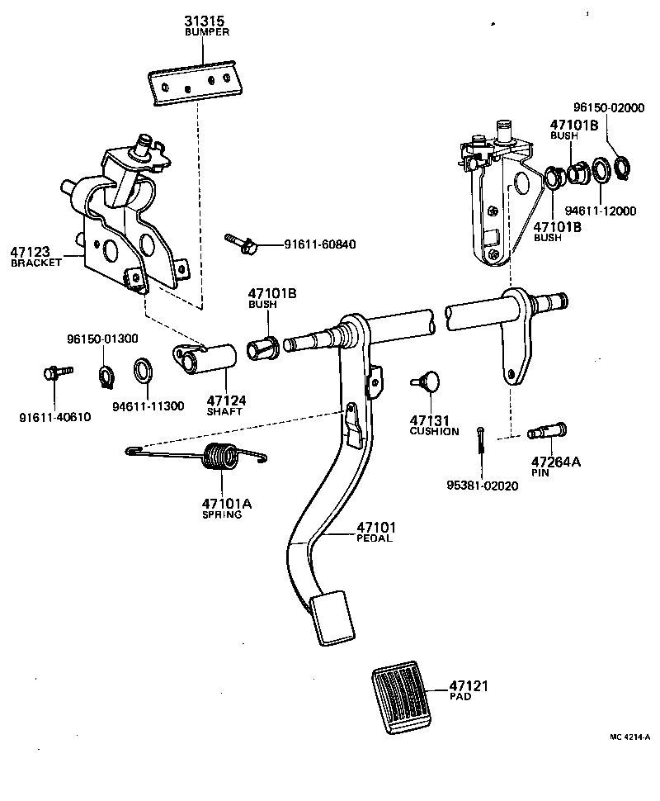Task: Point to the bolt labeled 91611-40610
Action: click(52, 374)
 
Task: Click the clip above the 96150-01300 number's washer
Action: click(106, 374)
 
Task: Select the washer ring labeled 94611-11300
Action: click(143, 371)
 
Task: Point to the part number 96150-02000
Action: click(609, 108)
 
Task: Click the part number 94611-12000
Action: click(606, 211)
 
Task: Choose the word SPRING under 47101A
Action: click(222, 514)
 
